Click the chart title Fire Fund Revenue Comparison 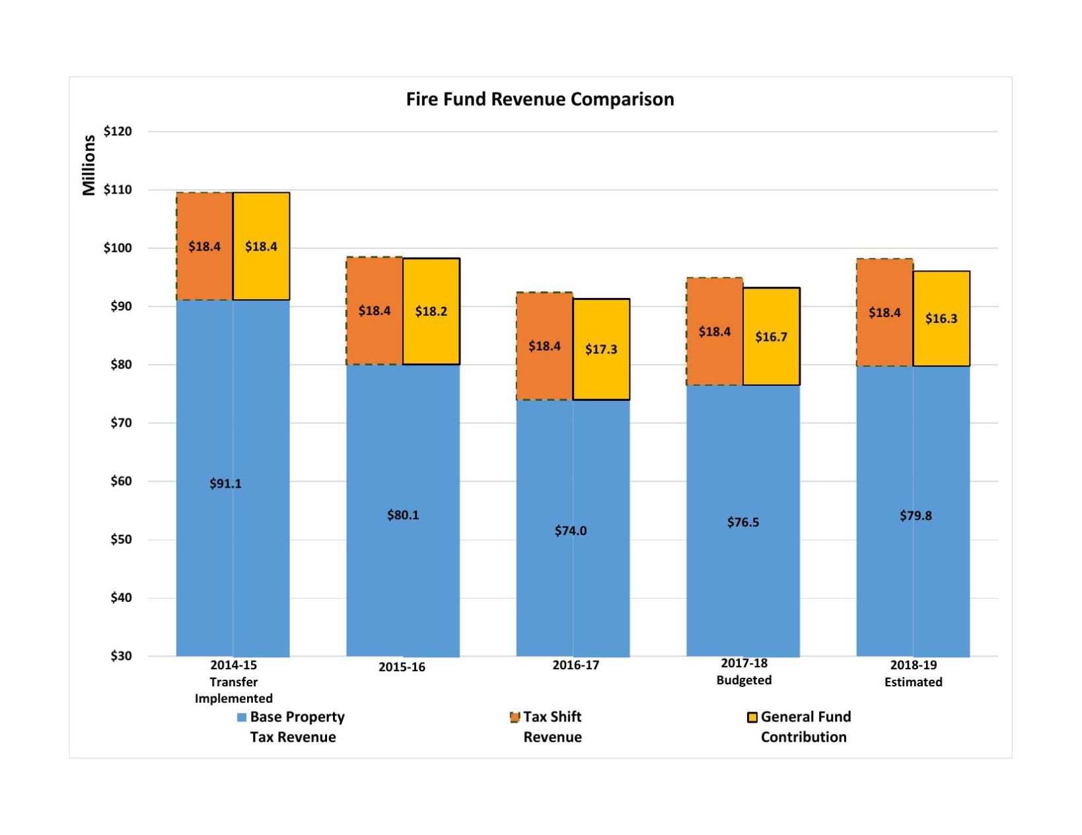click(540, 99)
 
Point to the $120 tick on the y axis click(118, 131)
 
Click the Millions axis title click(89, 165)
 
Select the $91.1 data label click(225, 484)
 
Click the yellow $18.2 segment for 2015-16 click(431, 311)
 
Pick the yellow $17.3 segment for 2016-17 click(601, 349)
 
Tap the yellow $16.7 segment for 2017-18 click(771, 337)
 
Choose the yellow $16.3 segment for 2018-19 click(941, 318)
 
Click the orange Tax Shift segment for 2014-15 click(204, 246)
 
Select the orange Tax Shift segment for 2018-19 click(884, 312)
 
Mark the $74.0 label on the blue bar click(571, 530)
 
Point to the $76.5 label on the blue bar click(743, 522)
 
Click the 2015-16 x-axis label click(402, 667)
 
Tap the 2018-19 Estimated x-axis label click(914, 673)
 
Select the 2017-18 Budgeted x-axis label click(744, 671)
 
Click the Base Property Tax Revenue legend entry click(292, 727)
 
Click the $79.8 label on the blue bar click(916, 515)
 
